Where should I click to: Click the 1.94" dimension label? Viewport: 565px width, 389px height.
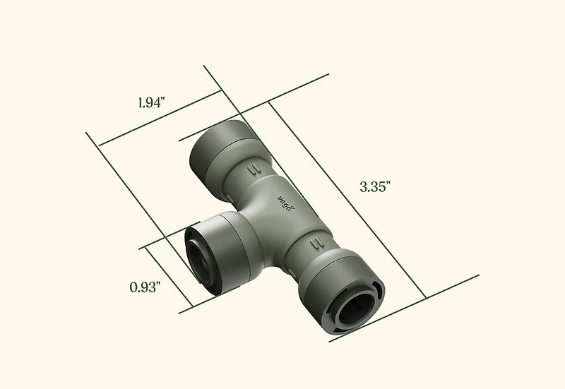tap(152, 103)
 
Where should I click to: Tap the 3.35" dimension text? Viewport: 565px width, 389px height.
tap(376, 187)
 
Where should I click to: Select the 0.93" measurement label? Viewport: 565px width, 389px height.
tap(145, 287)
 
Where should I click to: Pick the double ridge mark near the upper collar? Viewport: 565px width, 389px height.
tap(254, 169)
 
